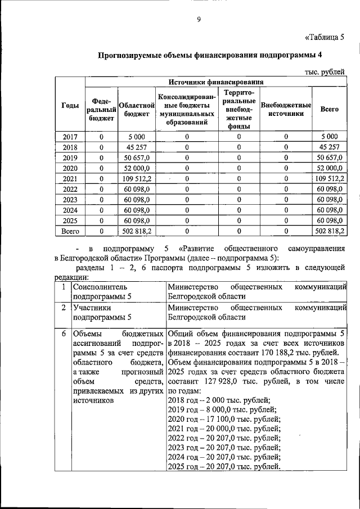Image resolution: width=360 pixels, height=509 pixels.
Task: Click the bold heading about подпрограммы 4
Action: point(210,55)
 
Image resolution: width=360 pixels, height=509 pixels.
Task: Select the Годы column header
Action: point(70,106)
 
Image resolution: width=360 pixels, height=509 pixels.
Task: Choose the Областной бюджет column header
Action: point(134,110)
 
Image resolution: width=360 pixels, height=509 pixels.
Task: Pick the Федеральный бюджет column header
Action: point(101,110)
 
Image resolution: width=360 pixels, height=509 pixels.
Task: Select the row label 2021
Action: point(70,178)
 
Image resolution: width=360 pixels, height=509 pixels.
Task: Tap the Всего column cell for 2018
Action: point(329,147)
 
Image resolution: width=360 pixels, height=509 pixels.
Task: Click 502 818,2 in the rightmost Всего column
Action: point(330,231)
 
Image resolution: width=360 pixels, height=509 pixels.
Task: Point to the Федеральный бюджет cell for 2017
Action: point(101,137)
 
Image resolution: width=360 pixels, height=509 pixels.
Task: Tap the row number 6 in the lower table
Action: point(65,334)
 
